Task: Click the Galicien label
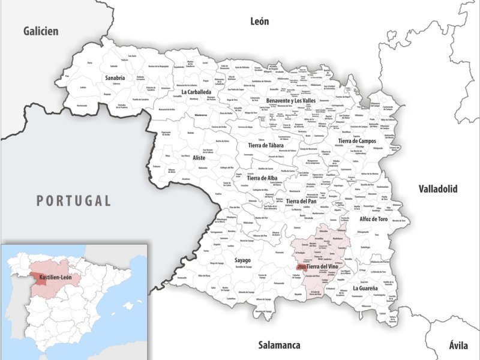tap(41, 31)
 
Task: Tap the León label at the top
tap(259, 22)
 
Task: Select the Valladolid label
tap(439, 188)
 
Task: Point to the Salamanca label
tap(278, 345)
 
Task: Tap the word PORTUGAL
tap(73, 200)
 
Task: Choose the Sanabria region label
tap(115, 78)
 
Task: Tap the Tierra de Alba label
tap(262, 178)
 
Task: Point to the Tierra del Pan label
tap(301, 201)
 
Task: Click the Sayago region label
tap(242, 260)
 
